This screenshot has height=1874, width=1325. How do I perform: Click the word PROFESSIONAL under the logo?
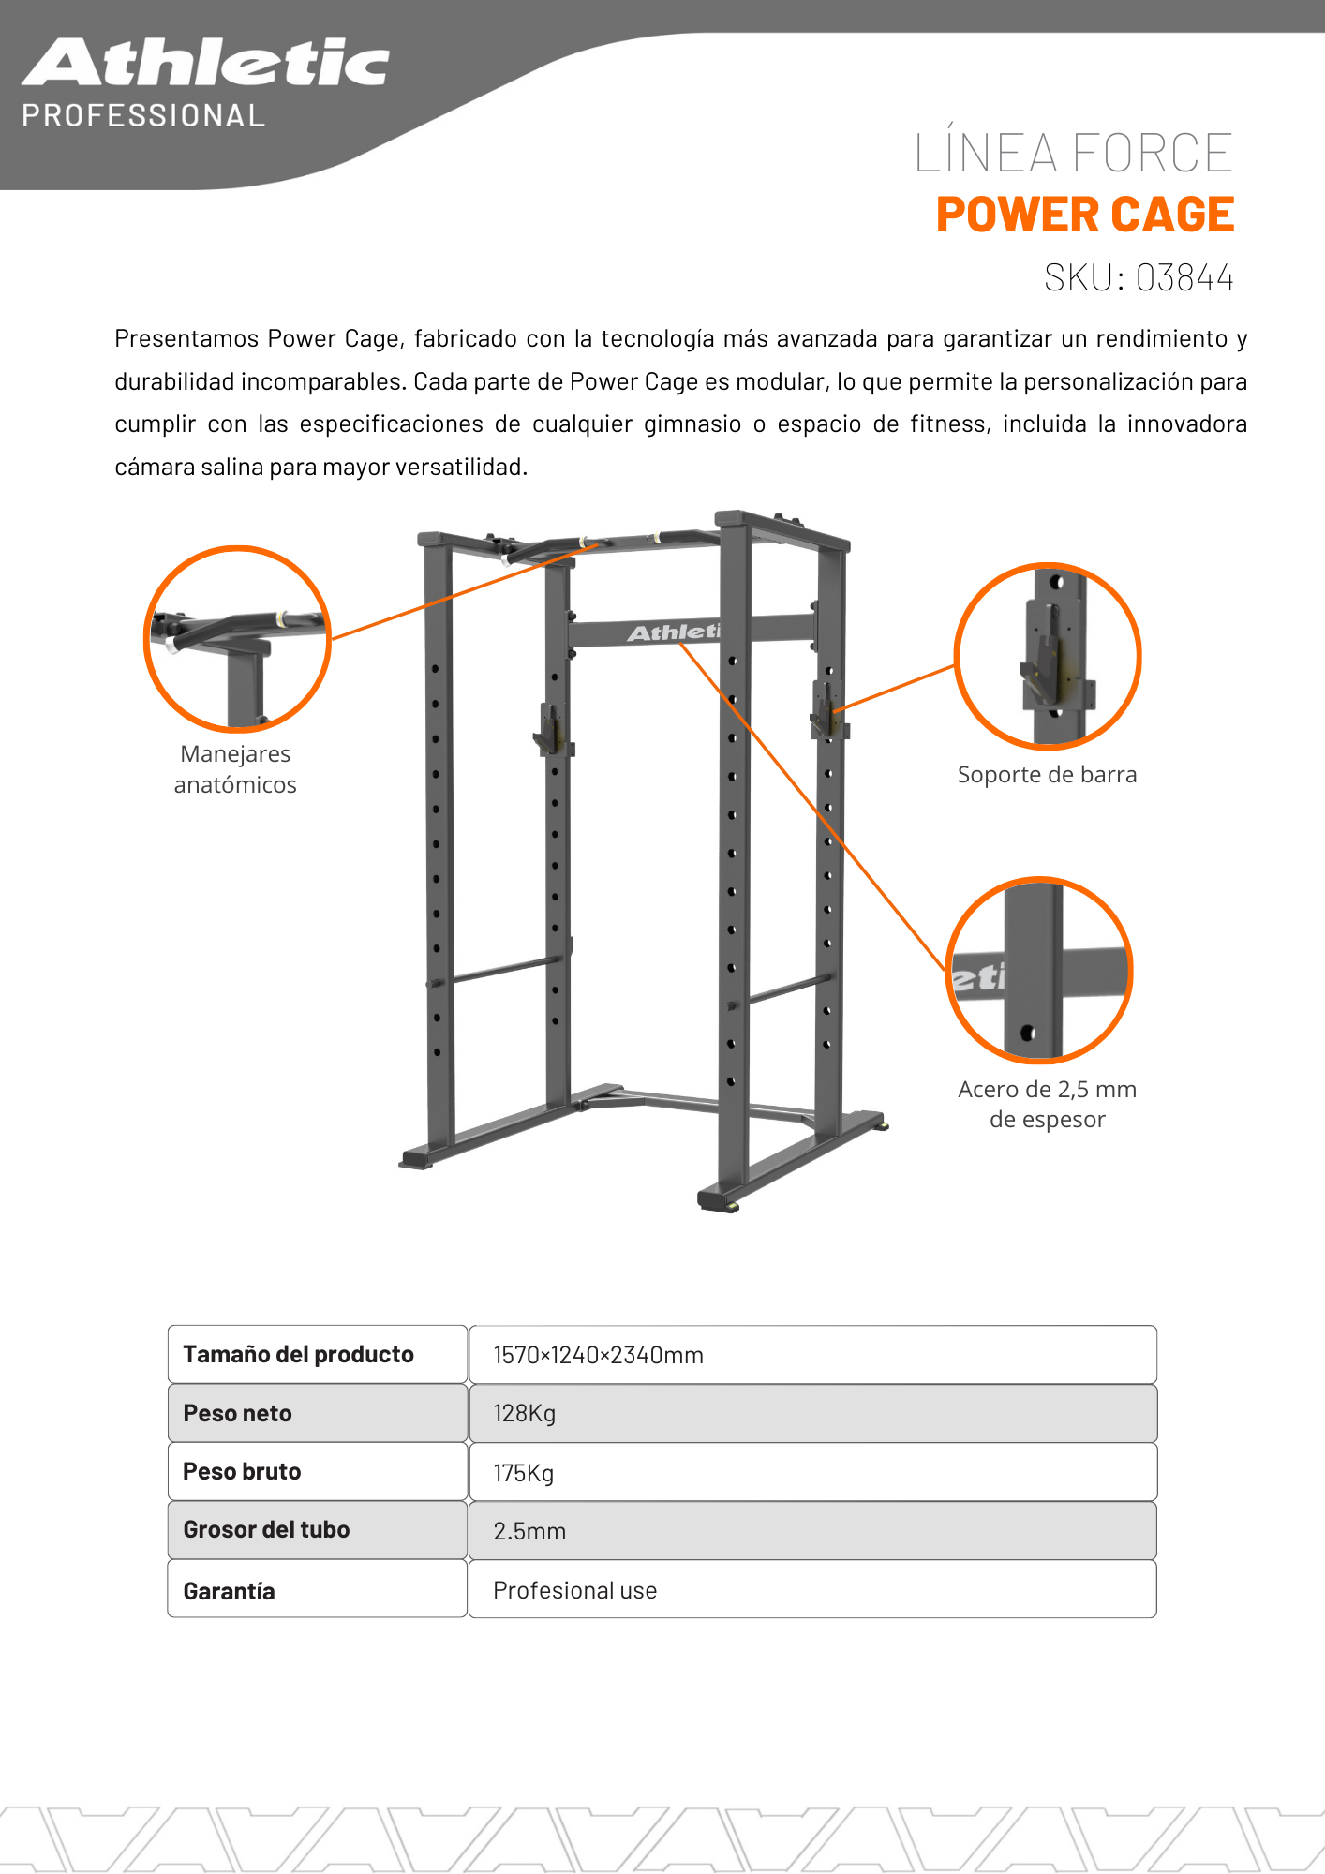[x=143, y=116]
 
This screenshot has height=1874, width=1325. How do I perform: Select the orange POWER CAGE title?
[x=1084, y=215]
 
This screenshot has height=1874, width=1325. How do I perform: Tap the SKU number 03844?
[x=1184, y=278]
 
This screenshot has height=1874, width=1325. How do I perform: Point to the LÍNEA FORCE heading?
[x=1073, y=153]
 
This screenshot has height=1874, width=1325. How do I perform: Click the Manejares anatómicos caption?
[x=235, y=769]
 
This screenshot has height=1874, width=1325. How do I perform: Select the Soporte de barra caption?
[x=1047, y=775]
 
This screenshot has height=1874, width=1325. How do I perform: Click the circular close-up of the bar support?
[x=1047, y=656]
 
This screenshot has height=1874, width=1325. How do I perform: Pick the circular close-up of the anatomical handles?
[x=237, y=639]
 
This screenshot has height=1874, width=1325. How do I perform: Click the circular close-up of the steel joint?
[x=1039, y=970]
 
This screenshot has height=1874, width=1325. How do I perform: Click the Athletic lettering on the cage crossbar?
[x=673, y=632]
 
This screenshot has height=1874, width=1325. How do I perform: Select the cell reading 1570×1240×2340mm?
[x=598, y=1355]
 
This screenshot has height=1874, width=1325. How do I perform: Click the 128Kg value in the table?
[x=525, y=1413]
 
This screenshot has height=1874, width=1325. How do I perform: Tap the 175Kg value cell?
[x=524, y=1473]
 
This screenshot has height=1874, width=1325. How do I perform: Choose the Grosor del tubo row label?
[x=266, y=1530]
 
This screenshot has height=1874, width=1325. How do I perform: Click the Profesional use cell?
[x=574, y=1590]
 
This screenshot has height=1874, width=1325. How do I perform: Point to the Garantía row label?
[x=229, y=1591]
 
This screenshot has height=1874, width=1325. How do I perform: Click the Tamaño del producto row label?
[x=298, y=1355]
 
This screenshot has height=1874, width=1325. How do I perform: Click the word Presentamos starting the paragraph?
[x=186, y=338]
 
